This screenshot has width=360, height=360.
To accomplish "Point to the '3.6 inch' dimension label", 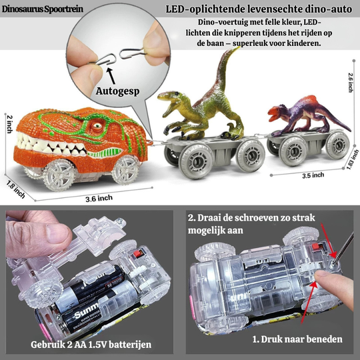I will pos(99,199).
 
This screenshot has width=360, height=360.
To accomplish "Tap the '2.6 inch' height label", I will pos(351,81).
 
